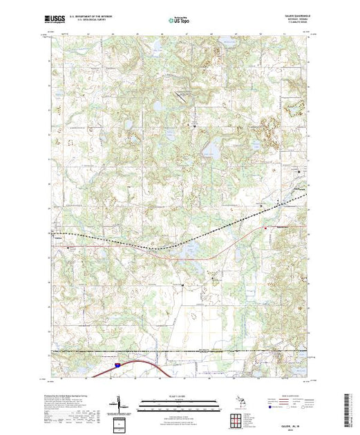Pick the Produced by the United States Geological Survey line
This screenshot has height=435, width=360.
pyautogui.click(x=61, y=396)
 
